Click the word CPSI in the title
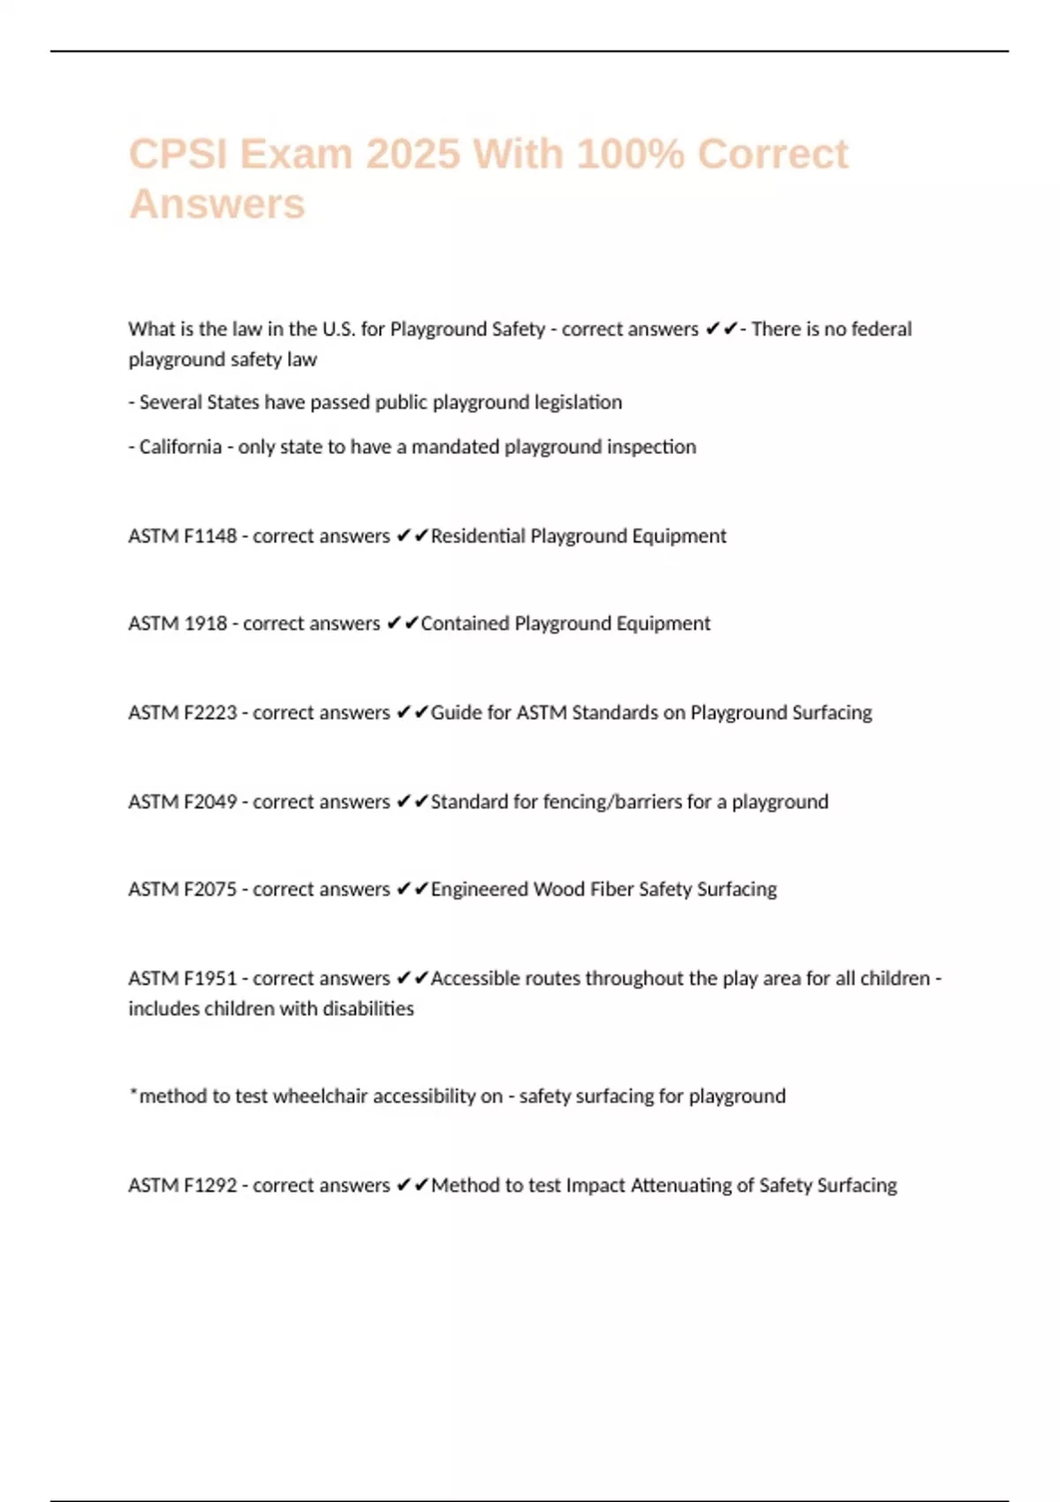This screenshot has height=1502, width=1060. point(178,155)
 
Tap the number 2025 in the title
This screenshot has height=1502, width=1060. point(413,155)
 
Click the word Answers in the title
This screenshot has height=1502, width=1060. point(217,204)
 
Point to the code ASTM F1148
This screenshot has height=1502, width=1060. point(183,536)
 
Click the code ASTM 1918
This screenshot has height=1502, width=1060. point(178,624)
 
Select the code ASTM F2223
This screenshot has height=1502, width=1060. point(183,713)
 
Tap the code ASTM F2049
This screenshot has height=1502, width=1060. point(183,802)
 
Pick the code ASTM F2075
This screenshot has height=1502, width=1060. point(183,890)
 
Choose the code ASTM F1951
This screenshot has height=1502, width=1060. point(183,979)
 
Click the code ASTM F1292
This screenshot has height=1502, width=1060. point(183,1186)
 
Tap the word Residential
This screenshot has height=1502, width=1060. point(478,536)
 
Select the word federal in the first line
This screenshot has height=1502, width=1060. point(881,330)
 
